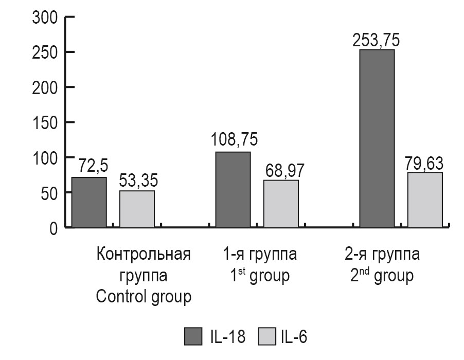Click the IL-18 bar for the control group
click(x=89, y=202)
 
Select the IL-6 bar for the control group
click(x=137, y=209)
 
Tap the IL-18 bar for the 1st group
click(x=233, y=189)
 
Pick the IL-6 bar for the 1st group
click(x=281, y=203)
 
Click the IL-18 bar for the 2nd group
click(x=377, y=138)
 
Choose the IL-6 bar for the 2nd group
click(x=425, y=200)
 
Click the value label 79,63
click(x=425, y=163)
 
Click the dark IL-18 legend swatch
click(x=193, y=338)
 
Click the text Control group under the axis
click(x=144, y=297)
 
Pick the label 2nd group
click(x=380, y=276)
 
